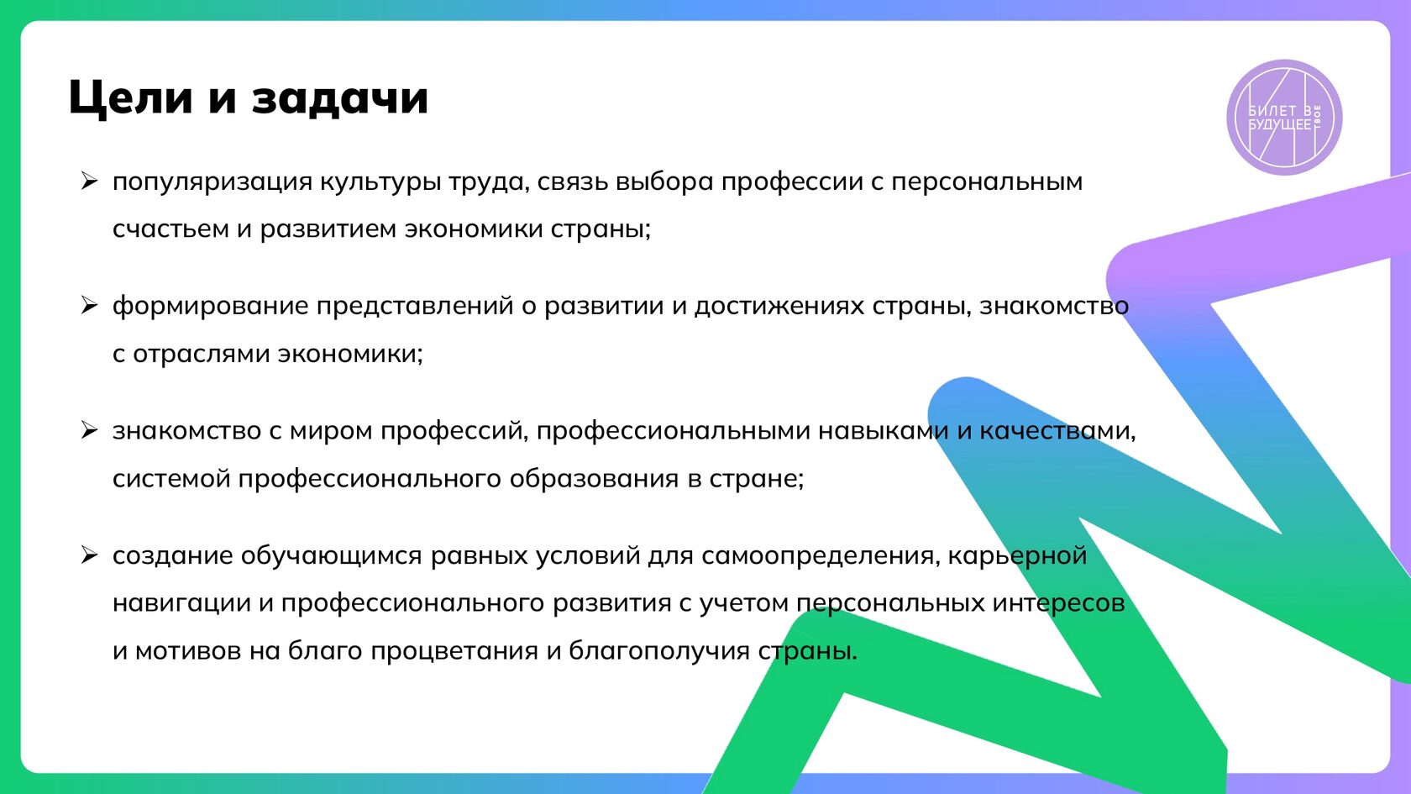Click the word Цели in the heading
(131, 97)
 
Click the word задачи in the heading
(340, 97)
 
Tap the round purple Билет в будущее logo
(1284, 118)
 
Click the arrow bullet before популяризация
(89, 181)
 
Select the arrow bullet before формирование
(89, 305)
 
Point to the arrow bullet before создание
(89, 555)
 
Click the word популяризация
(212, 181)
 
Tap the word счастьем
(170, 229)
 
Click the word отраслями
(202, 354)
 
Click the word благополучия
(659, 651)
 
